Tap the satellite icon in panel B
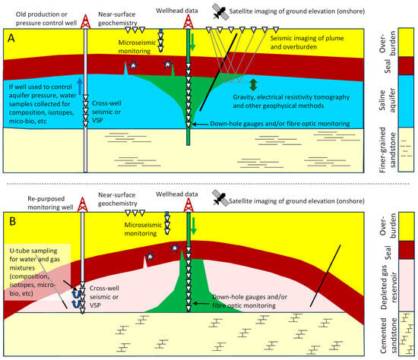point(222,195)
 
